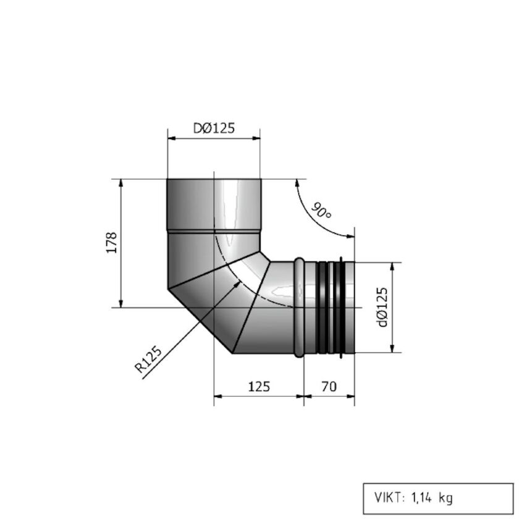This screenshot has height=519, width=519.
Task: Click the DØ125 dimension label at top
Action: [x=214, y=128]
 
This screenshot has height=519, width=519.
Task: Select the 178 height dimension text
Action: [x=111, y=243]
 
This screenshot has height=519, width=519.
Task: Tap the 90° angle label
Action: [x=321, y=212]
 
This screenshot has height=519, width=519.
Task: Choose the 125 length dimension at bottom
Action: [x=259, y=387]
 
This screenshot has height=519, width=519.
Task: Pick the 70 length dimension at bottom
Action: [x=329, y=387]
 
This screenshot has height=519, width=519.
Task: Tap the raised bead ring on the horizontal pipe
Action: [x=299, y=307]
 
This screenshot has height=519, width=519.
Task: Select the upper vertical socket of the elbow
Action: [x=214, y=204]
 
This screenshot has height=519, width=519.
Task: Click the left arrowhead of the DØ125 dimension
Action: [x=171, y=138]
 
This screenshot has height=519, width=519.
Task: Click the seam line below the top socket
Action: [x=214, y=230]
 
